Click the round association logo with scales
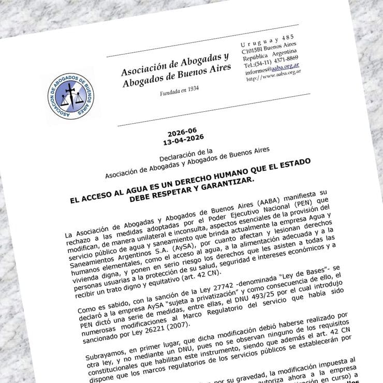70,95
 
